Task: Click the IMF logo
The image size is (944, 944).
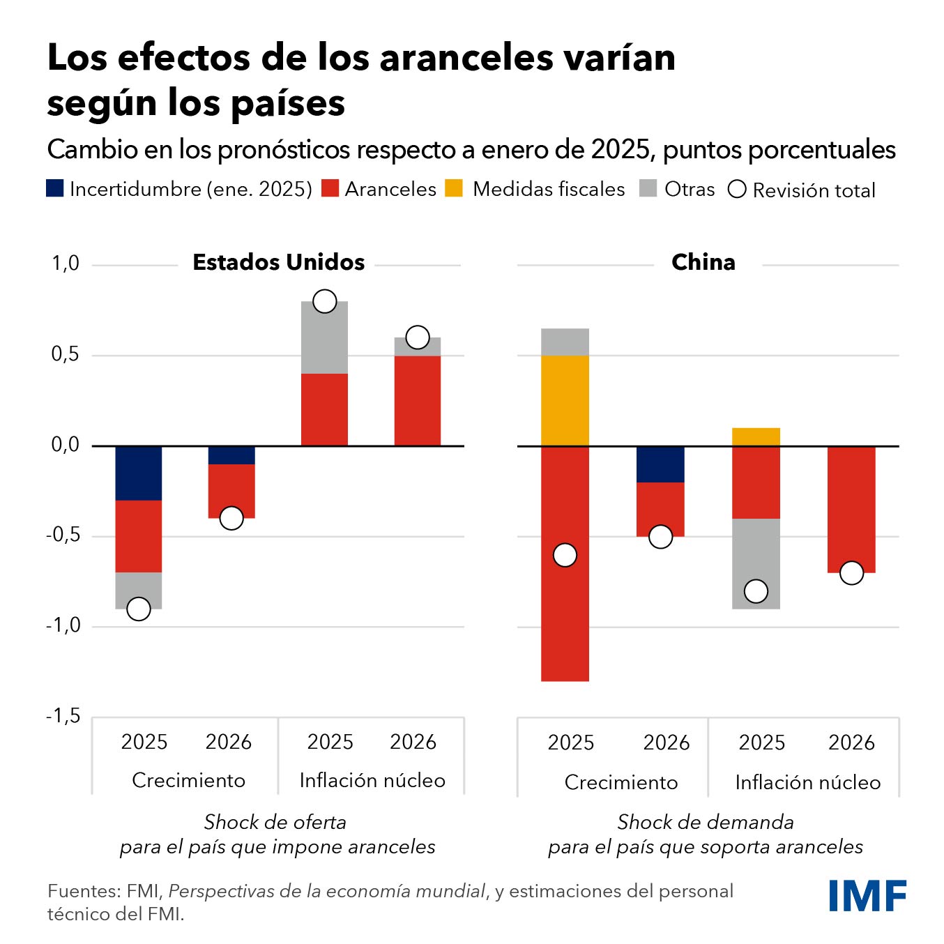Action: pyautogui.click(x=867, y=895)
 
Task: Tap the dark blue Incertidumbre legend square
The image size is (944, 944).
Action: pyautogui.click(x=55, y=188)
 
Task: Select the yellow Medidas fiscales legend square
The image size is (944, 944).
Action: pyautogui.click(x=454, y=188)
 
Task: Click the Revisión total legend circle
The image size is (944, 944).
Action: pyautogui.click(x=737, y=189)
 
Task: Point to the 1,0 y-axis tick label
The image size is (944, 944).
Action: pyautogui.click(x=66, y=264)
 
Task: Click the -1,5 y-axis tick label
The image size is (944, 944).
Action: pyautogui.click(x=63, y=716)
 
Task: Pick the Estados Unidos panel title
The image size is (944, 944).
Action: pyautogui.click(x=278, y=262)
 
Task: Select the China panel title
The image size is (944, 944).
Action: pyautogui.click(x=703, y=262)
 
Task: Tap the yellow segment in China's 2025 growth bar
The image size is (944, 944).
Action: pyautogui.click(x=565, y=400)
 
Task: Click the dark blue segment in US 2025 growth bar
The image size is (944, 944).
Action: pyautogui.click(x=139, y=473)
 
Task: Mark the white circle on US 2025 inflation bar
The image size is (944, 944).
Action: pyautogui.click(x=324, y=301)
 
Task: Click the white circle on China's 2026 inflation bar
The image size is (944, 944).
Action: pyautogui.click(x=851, y=573)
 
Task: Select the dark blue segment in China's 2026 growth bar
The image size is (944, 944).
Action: pyautogui.click(x=660, y=464)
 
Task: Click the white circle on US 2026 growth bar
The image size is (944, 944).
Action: pyautogui.click(x=231, y=518)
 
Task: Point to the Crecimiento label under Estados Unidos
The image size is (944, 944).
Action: pyautogui.click(x=188, y=780)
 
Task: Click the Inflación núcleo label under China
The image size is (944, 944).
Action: pyautogui.click(x=807, y=782)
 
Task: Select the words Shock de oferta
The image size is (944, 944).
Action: pyautogui.click(x=275, y=822)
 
